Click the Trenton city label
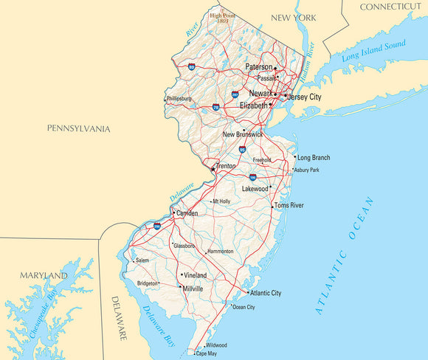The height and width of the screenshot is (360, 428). pyautogui.click(x=226, y=167)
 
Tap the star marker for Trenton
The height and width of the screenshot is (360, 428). pyautogui.click(x=213, y=169)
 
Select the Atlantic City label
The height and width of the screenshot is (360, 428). pyautogui.click(x=266, y=293)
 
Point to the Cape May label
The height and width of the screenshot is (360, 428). pyautogui.click(x=206, y=354)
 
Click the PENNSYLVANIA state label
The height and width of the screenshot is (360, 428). pyautogui.click(x=78, y=129)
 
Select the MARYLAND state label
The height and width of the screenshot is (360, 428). pyautogui.click(x=44, y=276)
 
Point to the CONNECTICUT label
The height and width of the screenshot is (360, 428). pyautogui.click(x=390, y=7)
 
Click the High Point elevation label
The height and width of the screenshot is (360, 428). pyautogui.click(x=221, y=17)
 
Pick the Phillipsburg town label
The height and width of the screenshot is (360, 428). pyautogui.click(x=179, y=98)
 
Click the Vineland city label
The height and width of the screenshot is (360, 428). pyautogui.click(x=195, y=275)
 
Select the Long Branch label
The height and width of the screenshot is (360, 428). pyautogui.click(x=313, y=157)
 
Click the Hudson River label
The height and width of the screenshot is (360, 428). pyautogui.click(x=311, y=60)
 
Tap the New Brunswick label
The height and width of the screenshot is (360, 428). pyautogui.click(x=244, y=134)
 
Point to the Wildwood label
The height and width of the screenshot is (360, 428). pyautogui.click(x=216, y=345)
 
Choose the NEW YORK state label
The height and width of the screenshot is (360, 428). pyautogui.click(x=294, y=17)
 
